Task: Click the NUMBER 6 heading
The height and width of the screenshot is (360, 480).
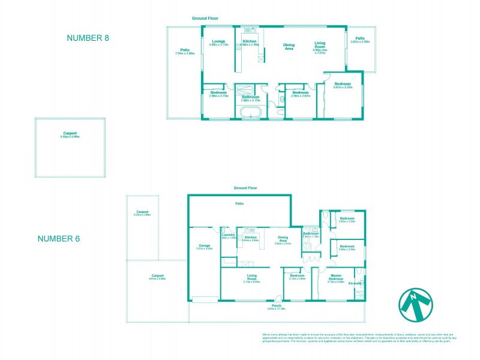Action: [59, 238]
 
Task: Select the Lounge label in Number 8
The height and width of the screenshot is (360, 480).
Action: [217, 41]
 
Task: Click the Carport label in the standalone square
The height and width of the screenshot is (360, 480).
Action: [70, 133]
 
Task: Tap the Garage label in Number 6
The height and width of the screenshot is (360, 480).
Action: [205, 245]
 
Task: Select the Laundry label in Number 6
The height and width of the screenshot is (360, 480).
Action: [227, 235]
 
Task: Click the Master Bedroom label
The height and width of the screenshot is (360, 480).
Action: [336, 277]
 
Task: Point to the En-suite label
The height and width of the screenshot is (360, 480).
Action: [356, 283]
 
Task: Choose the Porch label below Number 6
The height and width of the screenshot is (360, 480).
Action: [277, 305]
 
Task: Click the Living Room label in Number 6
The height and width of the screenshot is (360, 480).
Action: [251, 277]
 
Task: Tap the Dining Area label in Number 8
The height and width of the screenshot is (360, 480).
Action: [289, 46]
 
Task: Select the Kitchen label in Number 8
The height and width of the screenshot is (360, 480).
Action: [250, 41]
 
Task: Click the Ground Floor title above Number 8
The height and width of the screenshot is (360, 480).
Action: [205, 19]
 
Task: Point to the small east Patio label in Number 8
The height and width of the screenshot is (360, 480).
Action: [360, 38]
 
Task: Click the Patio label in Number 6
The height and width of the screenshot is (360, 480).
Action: [239, 204]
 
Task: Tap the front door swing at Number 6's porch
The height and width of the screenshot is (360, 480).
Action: [277, 298]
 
